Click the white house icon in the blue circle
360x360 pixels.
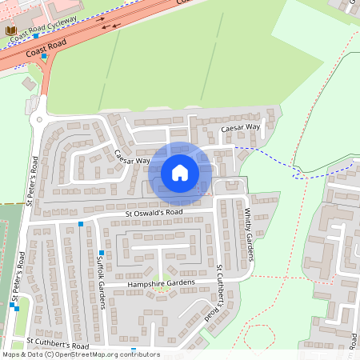pos(180,172)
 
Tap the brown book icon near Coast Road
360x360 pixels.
pos(11,31)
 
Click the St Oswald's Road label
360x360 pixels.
pos(154,212)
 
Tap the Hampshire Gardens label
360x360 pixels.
pos(161,283)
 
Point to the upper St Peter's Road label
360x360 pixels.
pos(33,181)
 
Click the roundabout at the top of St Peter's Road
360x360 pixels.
pos(37,119)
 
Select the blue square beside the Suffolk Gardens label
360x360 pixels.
pos(102,253)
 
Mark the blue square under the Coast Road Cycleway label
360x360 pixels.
pos(36,37)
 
